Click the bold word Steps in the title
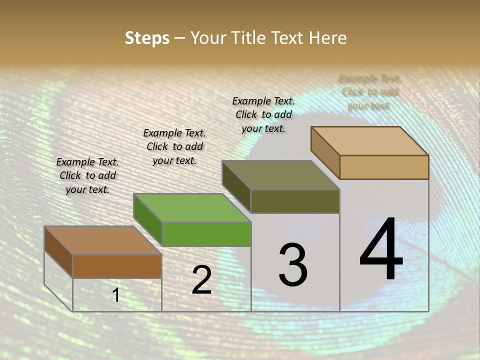point(147,38)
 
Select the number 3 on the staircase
point(292,264)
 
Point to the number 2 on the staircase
point(201,280)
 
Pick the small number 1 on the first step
point(116,295)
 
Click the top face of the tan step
point(369,140)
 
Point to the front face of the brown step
point(117,266)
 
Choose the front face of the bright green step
point(206,234)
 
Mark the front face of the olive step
point(295,201)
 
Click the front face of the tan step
point(384,167)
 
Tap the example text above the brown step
point(87,175)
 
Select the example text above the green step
point(174,146)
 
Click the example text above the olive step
point(263,114)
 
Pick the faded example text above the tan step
point(369,92)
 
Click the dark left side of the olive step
point(236,186)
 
